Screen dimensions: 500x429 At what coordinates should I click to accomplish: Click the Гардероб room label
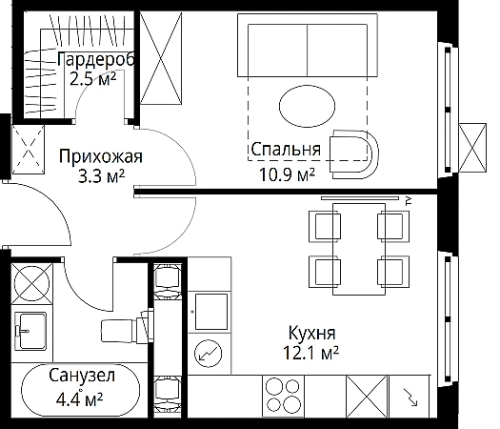pos(96,59)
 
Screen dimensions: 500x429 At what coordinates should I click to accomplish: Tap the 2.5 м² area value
pos(92,78)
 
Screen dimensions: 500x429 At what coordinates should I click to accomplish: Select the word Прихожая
pos(101,156)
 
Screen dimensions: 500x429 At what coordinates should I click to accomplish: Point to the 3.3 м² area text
pos(101,175)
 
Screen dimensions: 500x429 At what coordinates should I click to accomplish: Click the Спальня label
pos(286,149)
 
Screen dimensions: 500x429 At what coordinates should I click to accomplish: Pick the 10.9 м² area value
pos(288,174)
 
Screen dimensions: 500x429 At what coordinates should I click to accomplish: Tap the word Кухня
pos(311,333)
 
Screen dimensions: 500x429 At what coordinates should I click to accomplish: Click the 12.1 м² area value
pos(311,353)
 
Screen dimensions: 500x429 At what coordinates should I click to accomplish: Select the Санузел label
pos(82,376)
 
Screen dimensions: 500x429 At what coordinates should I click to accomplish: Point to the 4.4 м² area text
pos(79,398)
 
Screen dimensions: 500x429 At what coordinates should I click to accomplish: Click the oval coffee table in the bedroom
pos(307,106)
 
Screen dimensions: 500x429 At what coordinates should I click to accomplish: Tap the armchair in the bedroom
pos(354,154)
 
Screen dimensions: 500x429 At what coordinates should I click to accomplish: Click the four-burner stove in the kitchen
pos(283,397)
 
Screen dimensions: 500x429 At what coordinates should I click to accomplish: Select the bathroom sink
pos(30,331)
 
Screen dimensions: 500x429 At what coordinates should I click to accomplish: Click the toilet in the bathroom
pos(127,326)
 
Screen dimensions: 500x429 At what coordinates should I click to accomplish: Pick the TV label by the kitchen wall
pos(410,201)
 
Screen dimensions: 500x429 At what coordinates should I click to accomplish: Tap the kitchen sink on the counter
pos(211,312)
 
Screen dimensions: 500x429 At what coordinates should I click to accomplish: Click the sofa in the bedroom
pos(308,45)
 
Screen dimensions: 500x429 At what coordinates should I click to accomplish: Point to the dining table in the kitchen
pos(359,249)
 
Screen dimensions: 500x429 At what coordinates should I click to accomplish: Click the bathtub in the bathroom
pos(80,390)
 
